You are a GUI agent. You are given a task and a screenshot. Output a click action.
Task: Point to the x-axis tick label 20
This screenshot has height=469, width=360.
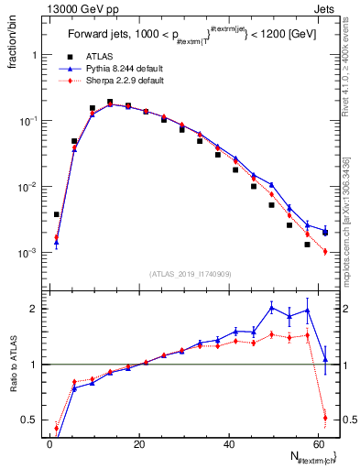pos(138,445)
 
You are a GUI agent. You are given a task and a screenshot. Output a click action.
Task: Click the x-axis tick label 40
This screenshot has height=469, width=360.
pos(228,445)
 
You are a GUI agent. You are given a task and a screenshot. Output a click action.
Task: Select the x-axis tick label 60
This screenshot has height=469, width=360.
pos(317,445)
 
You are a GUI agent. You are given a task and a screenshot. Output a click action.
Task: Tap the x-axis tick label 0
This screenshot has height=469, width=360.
pos(49,445)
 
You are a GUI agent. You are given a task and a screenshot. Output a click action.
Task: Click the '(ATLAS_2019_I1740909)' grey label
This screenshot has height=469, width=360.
pos(191,274)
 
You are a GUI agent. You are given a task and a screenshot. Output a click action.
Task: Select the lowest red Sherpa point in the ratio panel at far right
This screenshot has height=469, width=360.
pos(325,419)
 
